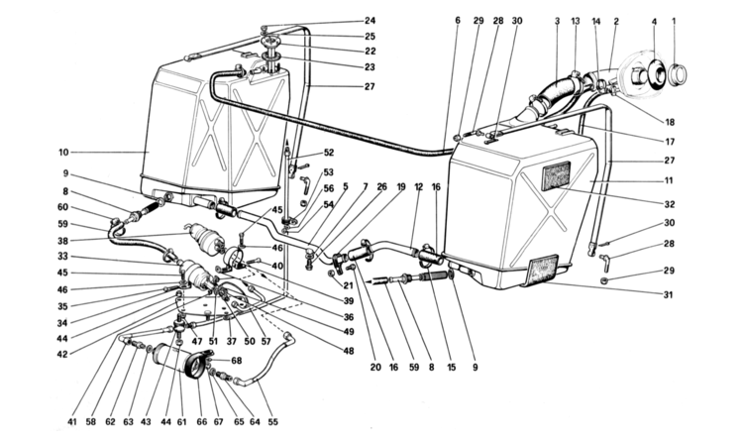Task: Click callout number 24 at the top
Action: click(x=370, y=21)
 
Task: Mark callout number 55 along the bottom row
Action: click(x=272, y=422)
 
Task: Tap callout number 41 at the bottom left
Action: click(x=72, y=422)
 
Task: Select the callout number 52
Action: click(x=329, y=153)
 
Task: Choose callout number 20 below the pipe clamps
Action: click(x=375, y=367)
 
